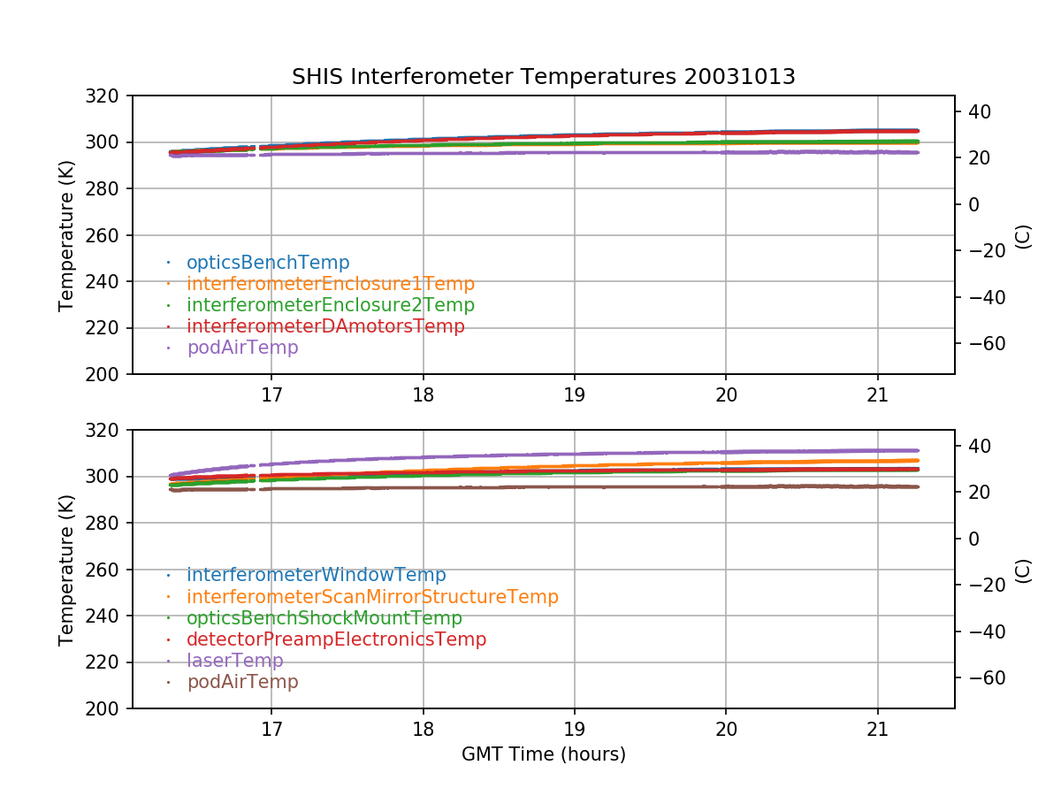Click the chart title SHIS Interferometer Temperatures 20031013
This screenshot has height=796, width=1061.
tap(543, 77)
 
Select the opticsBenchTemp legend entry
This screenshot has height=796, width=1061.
tap(268, 263)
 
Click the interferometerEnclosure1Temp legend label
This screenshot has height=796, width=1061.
tap(331, 284)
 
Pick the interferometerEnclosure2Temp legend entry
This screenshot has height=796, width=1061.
tap(331, 305)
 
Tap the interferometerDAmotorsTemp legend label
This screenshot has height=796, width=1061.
tap(325, 326)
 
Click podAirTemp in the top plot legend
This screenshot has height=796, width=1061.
tap(242, 348)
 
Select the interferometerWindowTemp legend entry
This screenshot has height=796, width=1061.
tap(317, 575)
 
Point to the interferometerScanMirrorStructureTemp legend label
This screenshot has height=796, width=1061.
tap(372, 597)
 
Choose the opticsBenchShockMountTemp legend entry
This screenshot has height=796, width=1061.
tap(324, 618)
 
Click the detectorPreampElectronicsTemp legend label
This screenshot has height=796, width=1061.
tap(336, 639)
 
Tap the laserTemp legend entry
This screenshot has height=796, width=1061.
tap(235, 661)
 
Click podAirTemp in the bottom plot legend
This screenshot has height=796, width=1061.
tap(242, 682)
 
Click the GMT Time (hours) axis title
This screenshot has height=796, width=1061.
tap(543, 754)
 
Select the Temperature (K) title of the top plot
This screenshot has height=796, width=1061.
tap(66, 234)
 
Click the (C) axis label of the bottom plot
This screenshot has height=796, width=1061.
tap(1023, 570)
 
